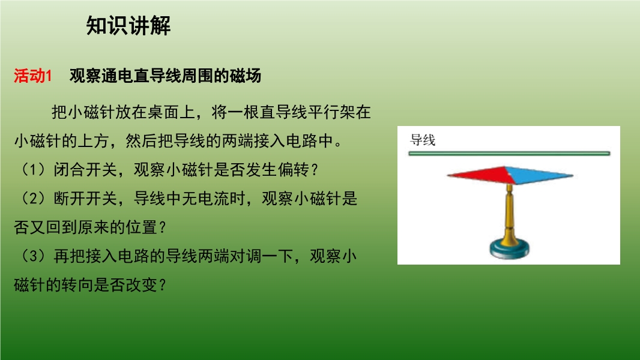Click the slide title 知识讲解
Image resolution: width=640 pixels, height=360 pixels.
click(x=128, y=26)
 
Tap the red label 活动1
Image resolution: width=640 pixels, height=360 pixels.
click(x=32, y=76)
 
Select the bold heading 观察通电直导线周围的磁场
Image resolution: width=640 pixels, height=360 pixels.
click(x=165, y=76)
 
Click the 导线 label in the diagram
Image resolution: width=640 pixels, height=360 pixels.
click(x=423, y=140)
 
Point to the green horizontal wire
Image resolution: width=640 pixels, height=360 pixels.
click(x=509, y=153)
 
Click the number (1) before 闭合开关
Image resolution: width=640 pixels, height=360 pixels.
click(x=33, y=170)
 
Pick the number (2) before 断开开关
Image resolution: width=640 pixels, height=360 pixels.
click(x=33, y=199)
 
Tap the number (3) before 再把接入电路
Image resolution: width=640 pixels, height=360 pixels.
click(x=33, y=256)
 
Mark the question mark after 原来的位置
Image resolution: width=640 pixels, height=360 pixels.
click(x=163, y=227)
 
